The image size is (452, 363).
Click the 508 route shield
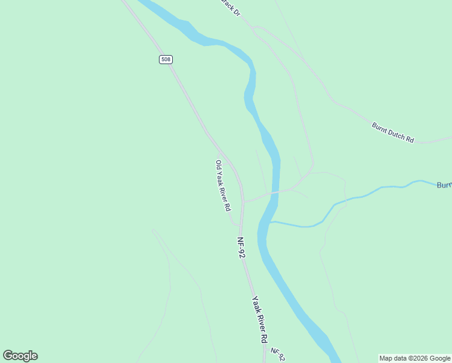[166, 59]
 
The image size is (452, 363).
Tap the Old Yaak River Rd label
[223, 185]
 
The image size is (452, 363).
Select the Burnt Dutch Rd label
[393, 132]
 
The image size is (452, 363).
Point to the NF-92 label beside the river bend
[241, 247]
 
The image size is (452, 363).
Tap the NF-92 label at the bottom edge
[277, 354]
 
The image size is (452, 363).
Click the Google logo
[20, 356]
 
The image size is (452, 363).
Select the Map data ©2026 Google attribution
[415, 358]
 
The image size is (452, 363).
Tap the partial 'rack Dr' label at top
[230, 8]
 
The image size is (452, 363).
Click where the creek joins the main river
[270, 222]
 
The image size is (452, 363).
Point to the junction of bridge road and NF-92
[244, 201]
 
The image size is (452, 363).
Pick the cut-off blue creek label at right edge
[444, 185]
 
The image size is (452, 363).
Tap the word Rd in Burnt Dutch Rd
[410, 139]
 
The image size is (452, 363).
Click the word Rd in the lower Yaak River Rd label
[264, 338]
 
